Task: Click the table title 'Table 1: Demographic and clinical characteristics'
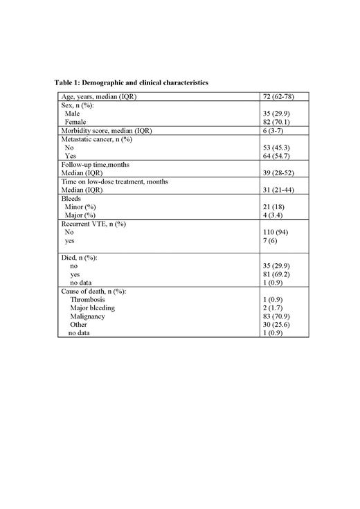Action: (132, 83)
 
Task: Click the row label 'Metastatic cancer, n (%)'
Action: (96, 139)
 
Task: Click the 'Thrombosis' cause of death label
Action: (87, 299)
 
